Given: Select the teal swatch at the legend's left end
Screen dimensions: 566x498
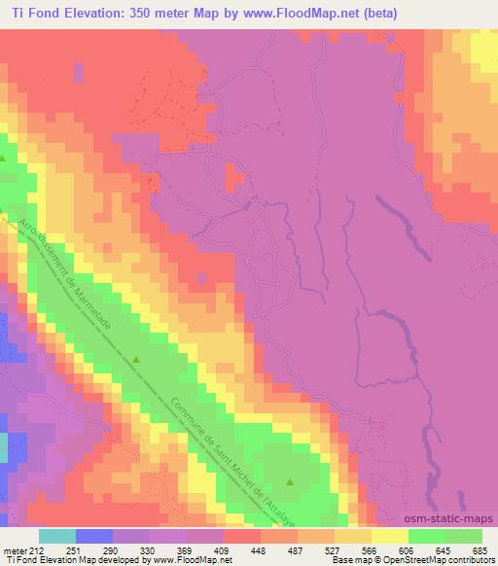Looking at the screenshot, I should (x=57, y=537).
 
